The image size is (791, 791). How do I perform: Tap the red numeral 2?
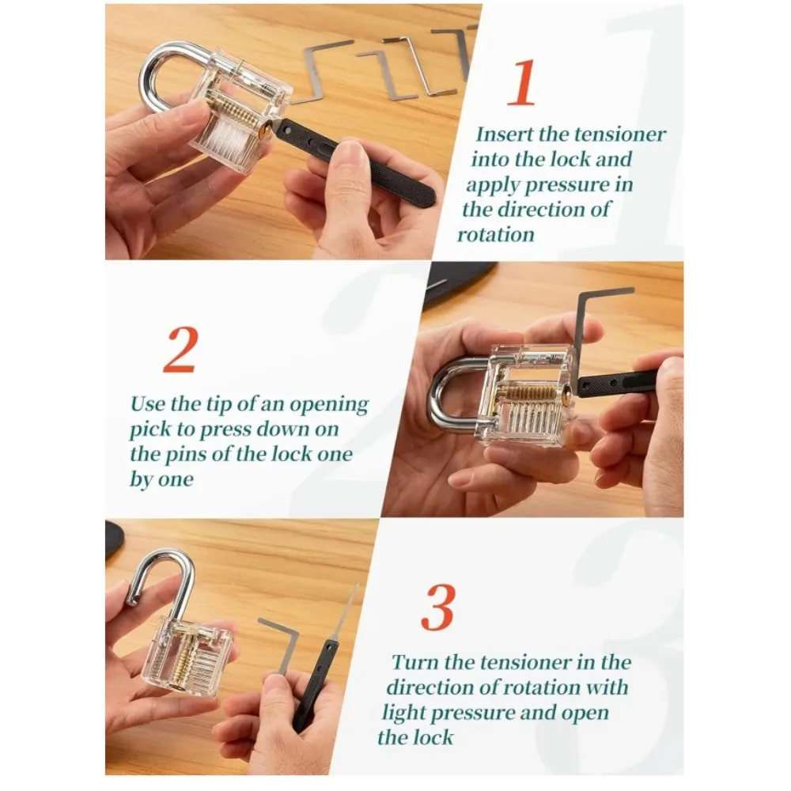pyautogui.click(x=180, y=350)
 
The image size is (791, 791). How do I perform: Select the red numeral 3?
pyautogui.click(x=439, y=607)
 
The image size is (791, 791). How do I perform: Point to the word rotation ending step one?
pyautogui.click(x=496, y=235)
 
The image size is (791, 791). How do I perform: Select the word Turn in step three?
pyautogui.click(x=415, y=662)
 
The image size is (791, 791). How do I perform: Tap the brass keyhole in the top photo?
pyautogui.click(x=264, y=132)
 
